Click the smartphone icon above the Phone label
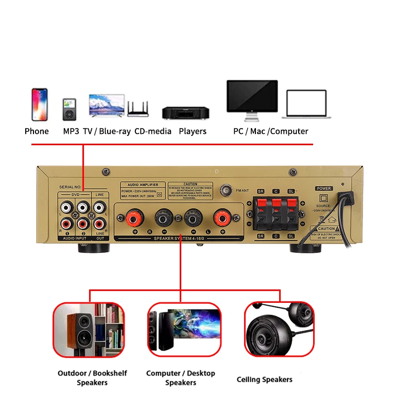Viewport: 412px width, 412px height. click(x=39, y=104)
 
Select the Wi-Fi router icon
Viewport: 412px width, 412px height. click(x=139, y=108)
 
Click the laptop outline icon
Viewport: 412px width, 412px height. click(x=307, y=105)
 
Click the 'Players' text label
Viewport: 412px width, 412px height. click(x=193, y=131)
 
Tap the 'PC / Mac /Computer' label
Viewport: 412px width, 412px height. click(x=270, y=131)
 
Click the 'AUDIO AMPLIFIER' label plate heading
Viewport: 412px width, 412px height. click(x=143, y=184)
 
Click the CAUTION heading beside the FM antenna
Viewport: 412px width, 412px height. click(x=191, y=184)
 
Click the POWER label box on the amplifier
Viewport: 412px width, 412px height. click(x=324, y=188)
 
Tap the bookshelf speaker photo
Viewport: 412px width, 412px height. click(x=89, y=329)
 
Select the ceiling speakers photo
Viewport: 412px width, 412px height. click(x=279, y=329)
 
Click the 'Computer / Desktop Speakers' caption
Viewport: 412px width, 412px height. click(x=181, y=377)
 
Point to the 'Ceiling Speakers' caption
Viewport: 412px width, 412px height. click(x=264, y=380)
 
